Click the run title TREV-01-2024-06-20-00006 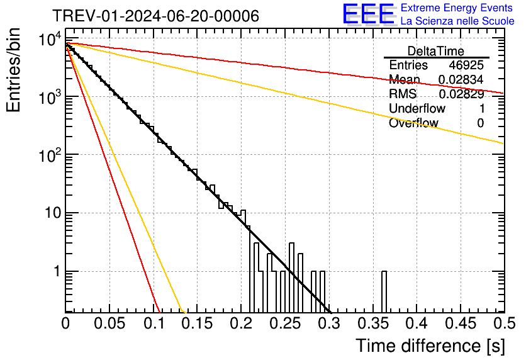click(x=155, y=16)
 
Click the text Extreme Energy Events click(x=457, y=8)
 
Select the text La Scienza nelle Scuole click(x=457, y=21)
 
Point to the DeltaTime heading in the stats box click(x=435, y=51)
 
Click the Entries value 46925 click(x=466, y=65)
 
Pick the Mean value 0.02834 click(x=461, y=80)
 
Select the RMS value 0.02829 click(x=461, y=94)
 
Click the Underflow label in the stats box click(x=416, y=109)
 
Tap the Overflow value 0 click(x=480, y=123)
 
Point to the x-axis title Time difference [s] click(x=429, y=346)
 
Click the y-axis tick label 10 click(x=50, y=214)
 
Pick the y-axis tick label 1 click(x=56, y=272)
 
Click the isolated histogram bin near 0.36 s click(x=384, y=291)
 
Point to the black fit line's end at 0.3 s click(x=330, y=311)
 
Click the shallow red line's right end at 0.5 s click(x=503, y=93)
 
